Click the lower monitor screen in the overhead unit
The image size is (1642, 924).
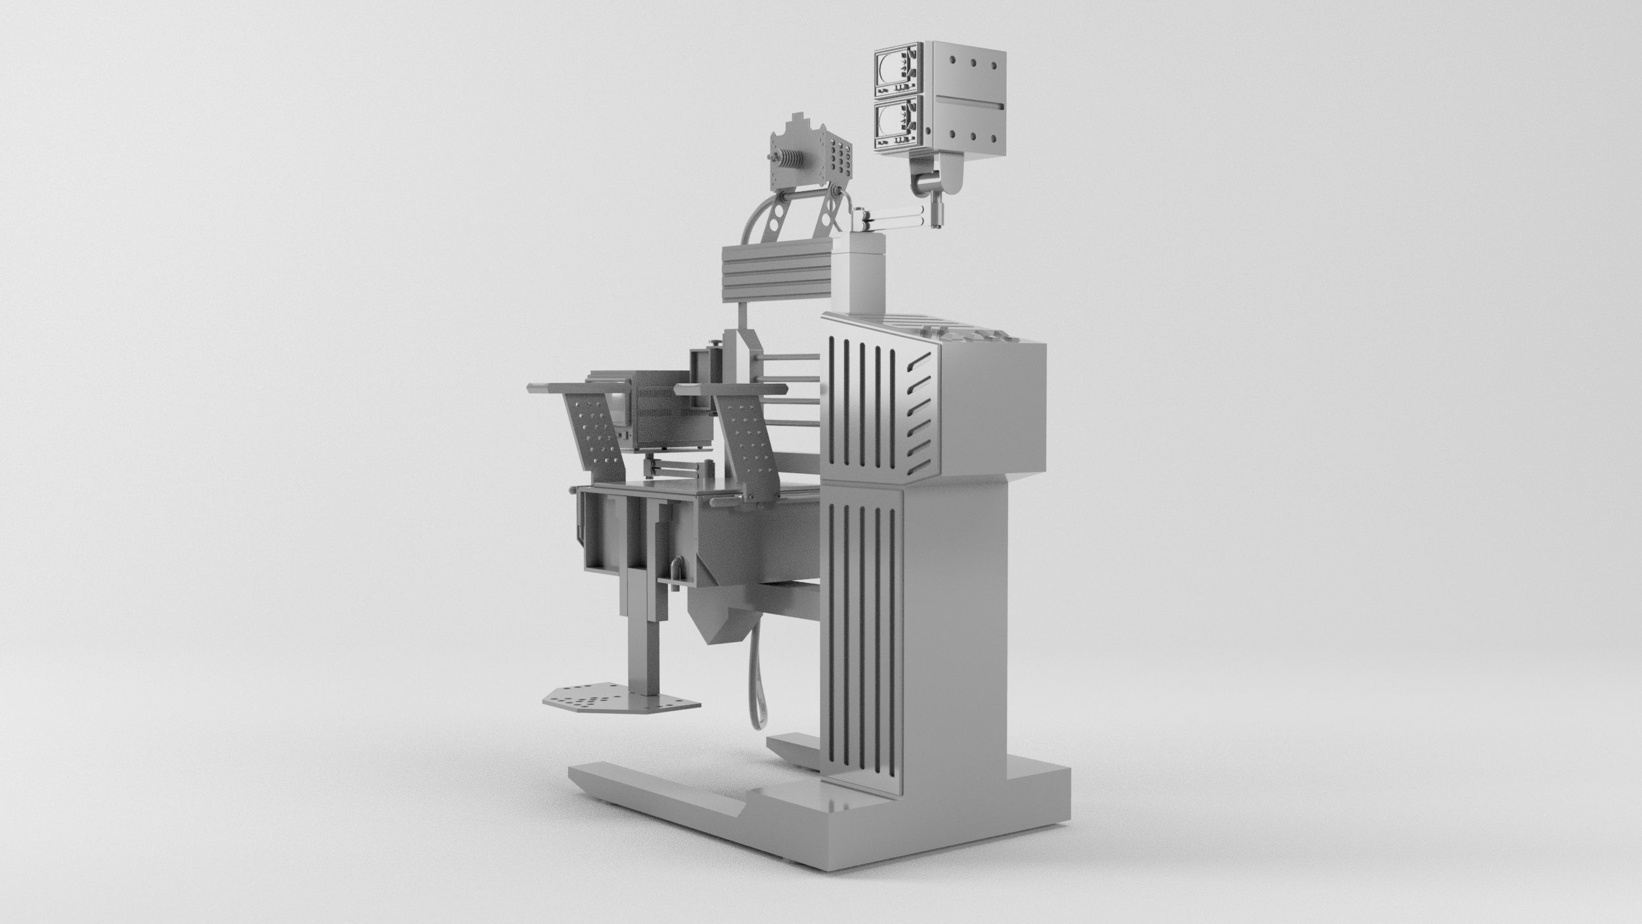891,124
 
